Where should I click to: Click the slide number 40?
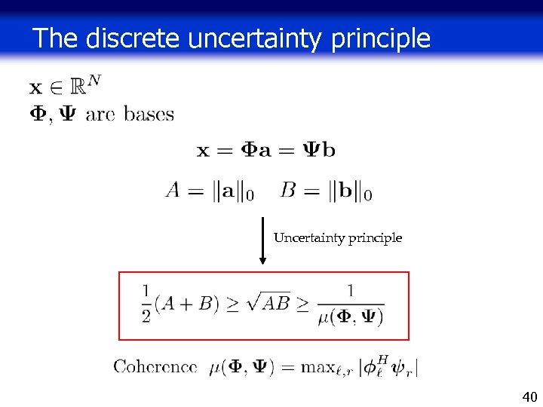click(529, 396)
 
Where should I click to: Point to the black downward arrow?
click(262, 240)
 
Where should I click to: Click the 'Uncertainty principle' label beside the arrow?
click(337, 238)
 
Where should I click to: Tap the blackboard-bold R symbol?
click(77, 87)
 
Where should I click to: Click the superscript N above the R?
click(94, 79)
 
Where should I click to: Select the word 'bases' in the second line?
click(149, 115)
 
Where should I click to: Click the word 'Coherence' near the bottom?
click(155, 367)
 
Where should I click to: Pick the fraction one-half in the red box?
click(146, 303)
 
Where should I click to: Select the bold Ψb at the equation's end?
click(320, 149)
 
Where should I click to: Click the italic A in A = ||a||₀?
click(173, 191)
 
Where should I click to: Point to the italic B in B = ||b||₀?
click(287, 191)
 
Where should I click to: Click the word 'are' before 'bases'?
click(100, 115)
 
